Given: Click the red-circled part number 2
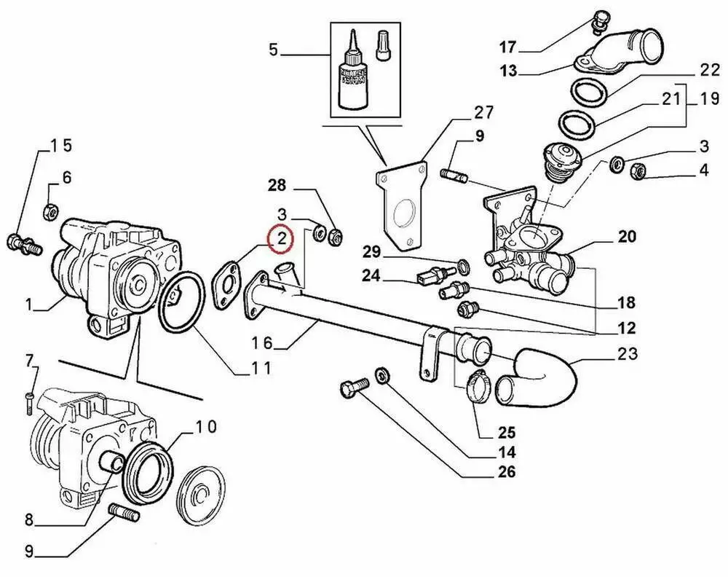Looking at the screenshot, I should pos(280,239).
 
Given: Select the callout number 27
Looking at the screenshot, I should pos(483,113).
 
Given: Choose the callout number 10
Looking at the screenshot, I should pos(206,426).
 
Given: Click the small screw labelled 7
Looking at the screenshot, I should pos(28,398).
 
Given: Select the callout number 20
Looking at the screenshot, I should pos(627,236).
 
